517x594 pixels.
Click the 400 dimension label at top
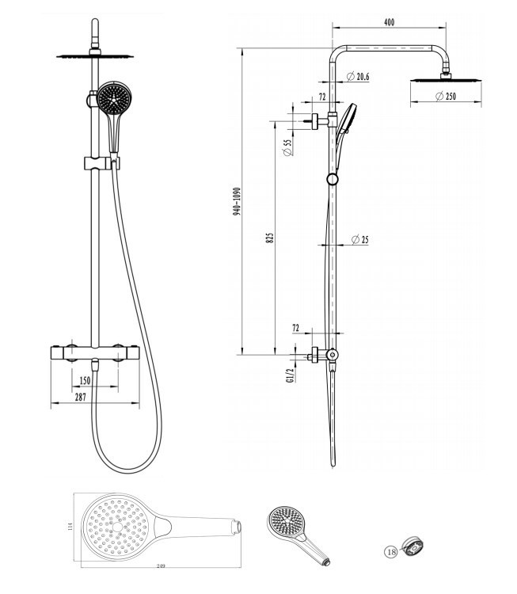(x=389, y=22)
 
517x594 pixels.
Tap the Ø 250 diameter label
(x=446, y=96)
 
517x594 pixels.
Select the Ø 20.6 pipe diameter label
(x=358, y=77)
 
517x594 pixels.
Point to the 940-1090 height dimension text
(x=237, y=201)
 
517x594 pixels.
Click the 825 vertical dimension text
(x=270, y=238)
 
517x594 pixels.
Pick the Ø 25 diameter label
(x=359, y=239)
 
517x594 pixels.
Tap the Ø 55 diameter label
(x=287, y=147)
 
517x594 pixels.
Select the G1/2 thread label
(x=291, y=375)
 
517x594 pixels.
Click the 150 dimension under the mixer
(x=86, y=380)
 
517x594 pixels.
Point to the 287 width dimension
(x=80, y=397)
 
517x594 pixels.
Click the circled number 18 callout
(x=391, y=552)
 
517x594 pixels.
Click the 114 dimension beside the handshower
(x=70, y=526)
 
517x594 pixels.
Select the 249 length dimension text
(x=161, y=566)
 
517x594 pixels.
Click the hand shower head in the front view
(x=114, y=97)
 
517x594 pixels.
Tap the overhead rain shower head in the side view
(x=446, y=79)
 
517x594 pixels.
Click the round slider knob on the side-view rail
(x=333, y=179)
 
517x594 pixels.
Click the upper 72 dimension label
(x=322, y=97)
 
